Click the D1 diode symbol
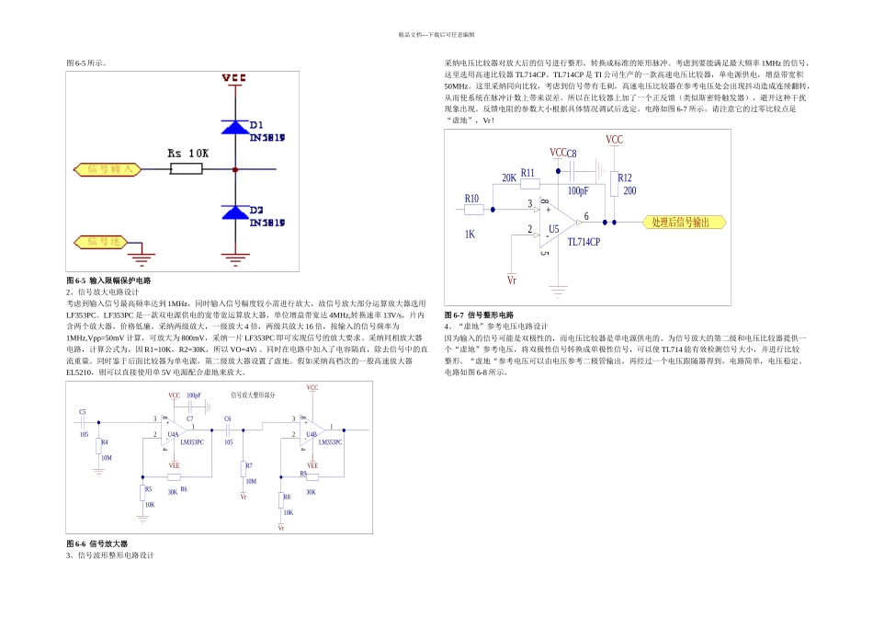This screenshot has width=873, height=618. tap(236, 127)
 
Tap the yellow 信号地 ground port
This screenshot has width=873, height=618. tap(103, 242)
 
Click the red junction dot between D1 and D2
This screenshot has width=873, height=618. tap(236, 169)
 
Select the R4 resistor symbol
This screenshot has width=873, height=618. tap(101, 447)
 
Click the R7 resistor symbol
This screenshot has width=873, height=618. tap(244, 469)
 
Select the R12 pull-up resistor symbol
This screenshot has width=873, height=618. tap(614, 184)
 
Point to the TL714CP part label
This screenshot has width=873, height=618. tap(583, 242)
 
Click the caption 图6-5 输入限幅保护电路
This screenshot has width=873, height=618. tap(108, 280)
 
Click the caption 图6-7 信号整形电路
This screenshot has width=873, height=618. tap(479, 315)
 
